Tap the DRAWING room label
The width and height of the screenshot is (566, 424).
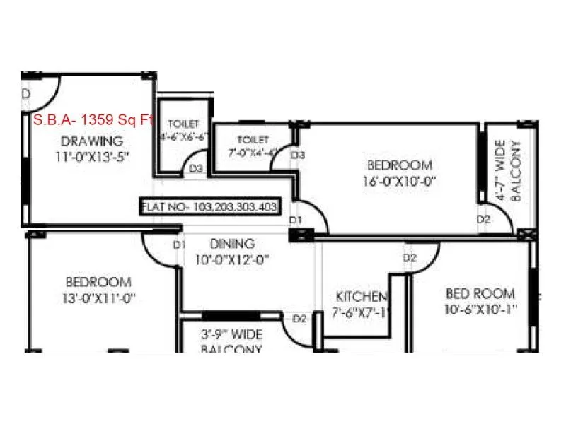coord(92,141)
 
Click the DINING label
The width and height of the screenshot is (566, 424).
coord(234,244)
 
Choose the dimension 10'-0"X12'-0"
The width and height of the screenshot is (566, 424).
coord(234,259)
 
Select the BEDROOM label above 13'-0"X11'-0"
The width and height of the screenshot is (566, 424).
coord(98,281)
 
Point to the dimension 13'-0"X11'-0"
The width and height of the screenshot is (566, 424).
coord(98,298)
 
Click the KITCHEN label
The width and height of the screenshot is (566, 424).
coord(362,296)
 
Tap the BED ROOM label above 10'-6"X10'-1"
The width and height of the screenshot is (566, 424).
coord(480,293)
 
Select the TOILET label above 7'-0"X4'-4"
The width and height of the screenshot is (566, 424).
coord(253,139)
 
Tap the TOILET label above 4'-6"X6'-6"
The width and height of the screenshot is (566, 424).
coord(182,124)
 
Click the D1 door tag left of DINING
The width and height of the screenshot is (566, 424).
coord(179,245)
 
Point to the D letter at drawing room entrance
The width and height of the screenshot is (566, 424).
coord(25,94)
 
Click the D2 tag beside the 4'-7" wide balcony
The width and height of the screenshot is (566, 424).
coord(483,220)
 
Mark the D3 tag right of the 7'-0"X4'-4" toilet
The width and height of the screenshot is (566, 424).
coord(298,154)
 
